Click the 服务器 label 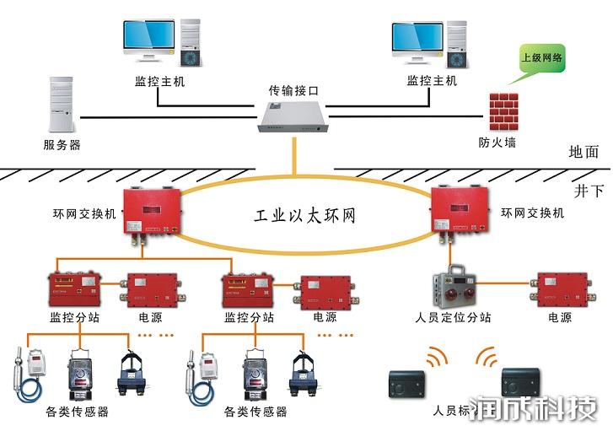pyautogui.click(x=62, y=144)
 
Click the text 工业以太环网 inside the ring pyautogui.click(x=305, y=216)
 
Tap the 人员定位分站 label pyautogui.click(x=454, y=318)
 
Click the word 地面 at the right pyautogui.click(x=583, y=152)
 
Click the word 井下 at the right pyautogui.click(x=589, y=191)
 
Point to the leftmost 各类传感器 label pyautogui.click(x=77, y=412)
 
